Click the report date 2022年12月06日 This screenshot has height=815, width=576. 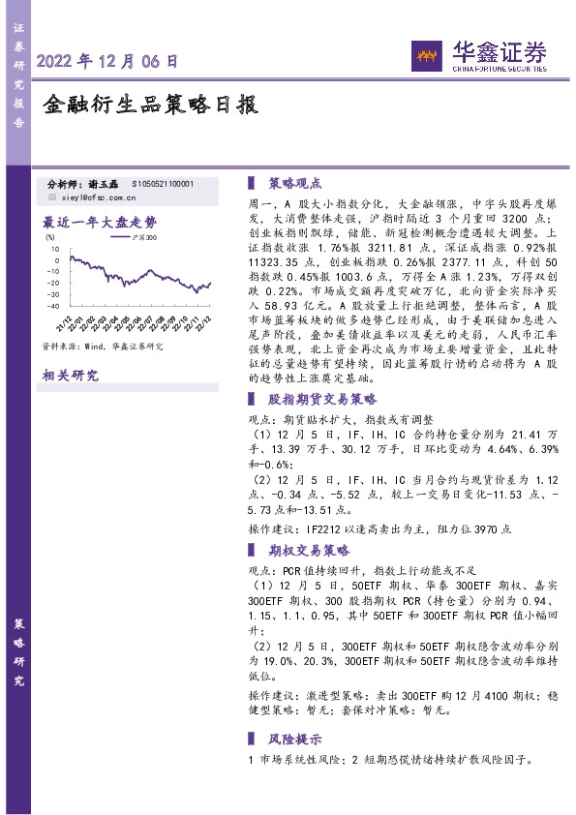pos(107,61)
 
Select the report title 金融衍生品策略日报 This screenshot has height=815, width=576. pos(150,105)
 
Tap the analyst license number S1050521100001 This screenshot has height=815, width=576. pos(163,183)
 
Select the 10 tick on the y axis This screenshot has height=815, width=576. pos(56,250)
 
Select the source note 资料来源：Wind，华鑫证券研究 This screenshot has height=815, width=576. pos(102,346)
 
